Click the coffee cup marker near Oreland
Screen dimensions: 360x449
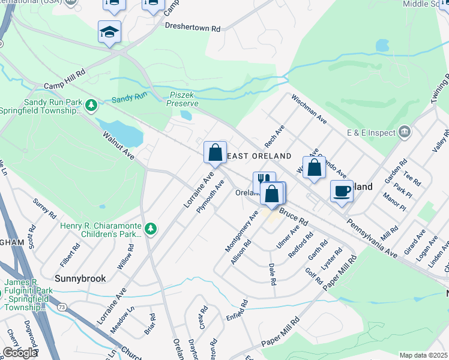[342, 192]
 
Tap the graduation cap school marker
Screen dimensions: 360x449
[110, 32]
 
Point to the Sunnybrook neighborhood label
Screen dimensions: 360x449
[80, 278]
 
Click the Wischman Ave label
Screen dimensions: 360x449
[309, 109]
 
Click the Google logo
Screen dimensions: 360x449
[20, 353]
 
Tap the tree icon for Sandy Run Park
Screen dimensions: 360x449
[91, 106]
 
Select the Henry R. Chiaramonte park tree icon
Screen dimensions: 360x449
[151, 228]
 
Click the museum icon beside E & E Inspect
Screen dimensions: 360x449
[405, 132]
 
